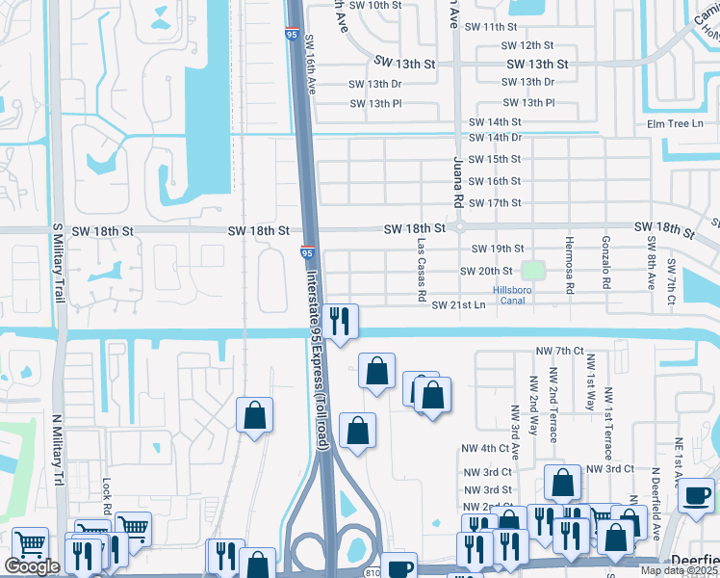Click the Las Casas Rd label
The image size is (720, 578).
(x=422, y=271)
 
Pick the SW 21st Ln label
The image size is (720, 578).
(x=458, y=305)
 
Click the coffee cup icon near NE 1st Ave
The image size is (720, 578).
(x=695, y=497)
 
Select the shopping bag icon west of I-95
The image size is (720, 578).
(x=255, y=415)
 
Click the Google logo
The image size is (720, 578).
(x=32, y=567)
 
